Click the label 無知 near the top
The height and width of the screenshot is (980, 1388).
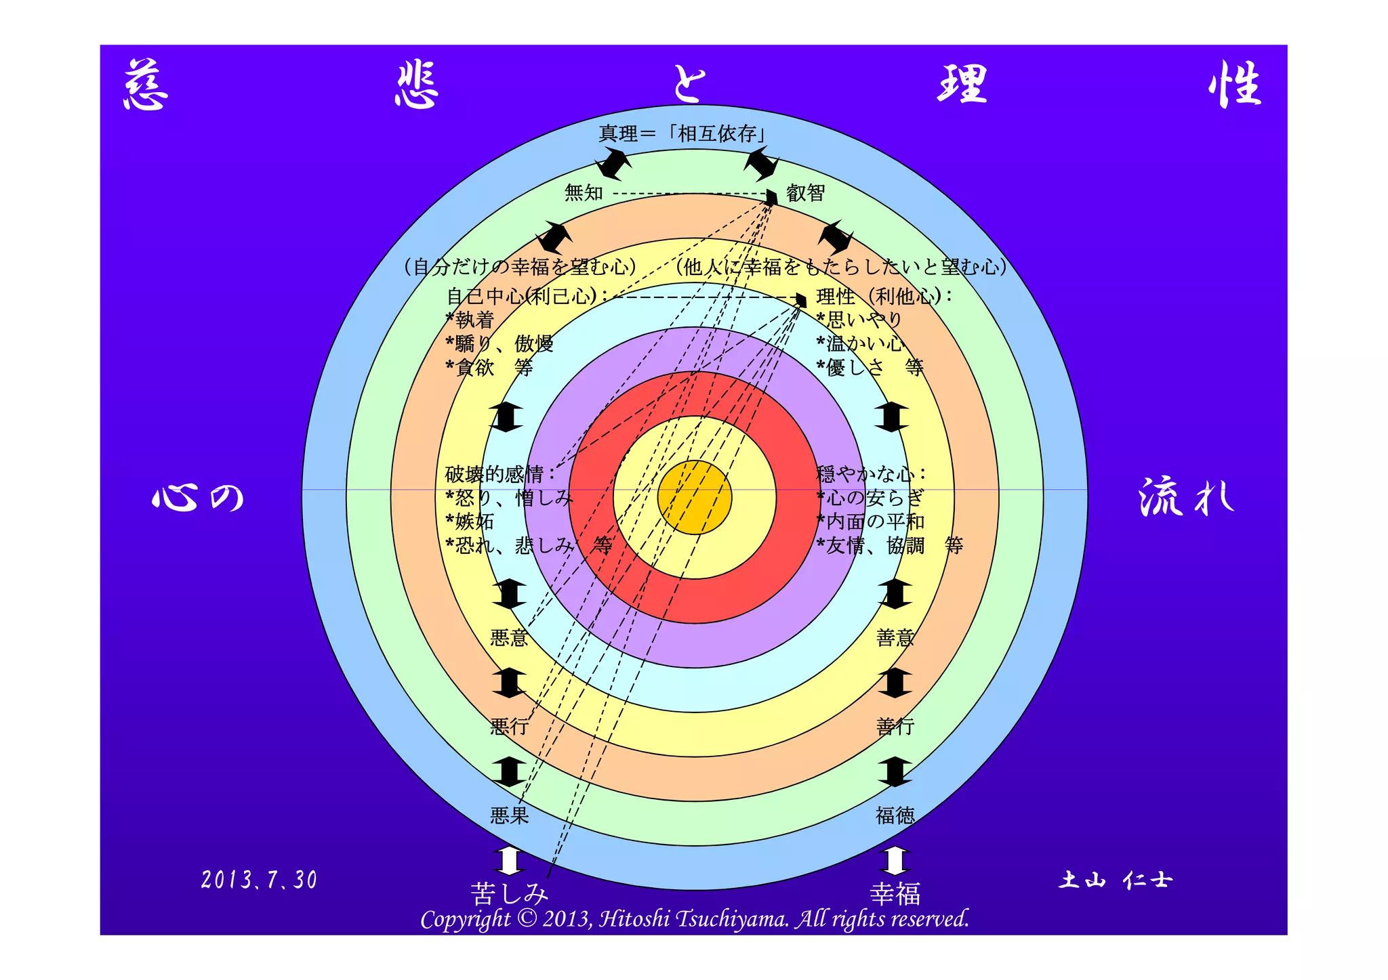(x=584, y=193)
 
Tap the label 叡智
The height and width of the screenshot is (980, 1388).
(x=805, y=193)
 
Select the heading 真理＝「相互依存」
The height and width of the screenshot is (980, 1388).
(x=683, y=133)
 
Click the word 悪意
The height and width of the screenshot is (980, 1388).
(x=509, y=638)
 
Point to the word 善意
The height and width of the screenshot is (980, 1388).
(x=895, y=638)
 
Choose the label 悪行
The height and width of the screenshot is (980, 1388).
(x=509, y=727)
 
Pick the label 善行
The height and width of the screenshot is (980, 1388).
(x=895, y=727)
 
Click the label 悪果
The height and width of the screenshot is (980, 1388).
(x=509, y=815)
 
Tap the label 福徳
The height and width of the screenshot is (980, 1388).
(x=895, y=815)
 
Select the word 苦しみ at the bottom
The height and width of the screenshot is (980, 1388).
(x=509, y=894)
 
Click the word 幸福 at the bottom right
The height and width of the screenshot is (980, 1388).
(x=895, y=894)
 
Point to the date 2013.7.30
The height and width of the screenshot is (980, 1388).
(x=259, y=880)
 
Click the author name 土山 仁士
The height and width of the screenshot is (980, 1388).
(x=1115, y=880)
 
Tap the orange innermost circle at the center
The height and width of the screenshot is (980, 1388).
(x=695, y=498)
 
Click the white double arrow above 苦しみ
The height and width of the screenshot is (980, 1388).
(x=509, y=861)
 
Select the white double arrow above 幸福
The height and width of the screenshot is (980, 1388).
(x=895, y=861)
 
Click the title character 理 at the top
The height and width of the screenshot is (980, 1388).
(x=962, y=84)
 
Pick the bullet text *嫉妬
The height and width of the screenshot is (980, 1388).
(x=470, y=521)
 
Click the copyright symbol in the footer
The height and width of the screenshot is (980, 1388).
(x=526, y=918)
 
